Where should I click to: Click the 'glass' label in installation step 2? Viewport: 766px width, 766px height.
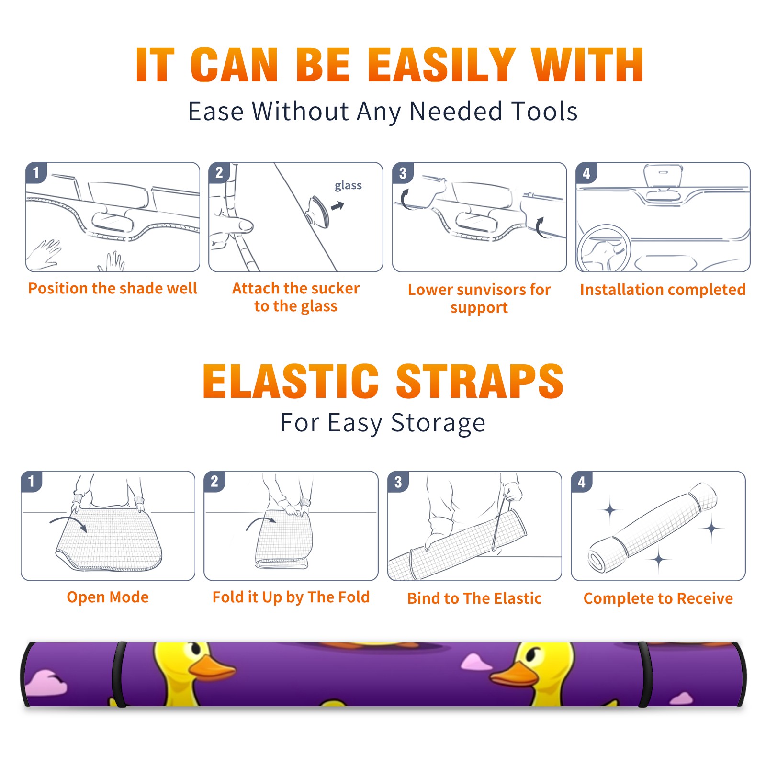tap(348, 186)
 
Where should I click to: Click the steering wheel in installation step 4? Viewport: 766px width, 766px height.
tap(603, 248)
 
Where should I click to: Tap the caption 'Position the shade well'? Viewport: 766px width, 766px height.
tap(113, 288)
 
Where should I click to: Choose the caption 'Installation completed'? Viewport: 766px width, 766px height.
tap(663, 289)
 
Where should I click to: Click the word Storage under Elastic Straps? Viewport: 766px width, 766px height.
tap(438, 423)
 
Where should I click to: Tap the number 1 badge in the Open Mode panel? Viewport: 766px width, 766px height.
tap(32, 481)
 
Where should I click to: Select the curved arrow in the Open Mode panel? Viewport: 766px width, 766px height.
tap(68, 522)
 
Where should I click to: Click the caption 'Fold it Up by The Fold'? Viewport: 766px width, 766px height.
tap(291, 597)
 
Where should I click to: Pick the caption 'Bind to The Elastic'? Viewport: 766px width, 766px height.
tap(474, 598)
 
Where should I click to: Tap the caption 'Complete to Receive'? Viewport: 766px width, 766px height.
tap(658, 598)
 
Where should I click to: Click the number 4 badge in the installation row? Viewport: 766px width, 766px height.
tap(586, 173)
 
